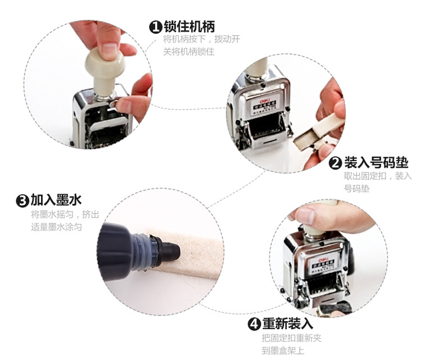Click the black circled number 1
155,27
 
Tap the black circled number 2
335,163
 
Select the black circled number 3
22,200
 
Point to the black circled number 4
254,324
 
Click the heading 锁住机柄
189,26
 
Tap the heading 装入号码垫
376,162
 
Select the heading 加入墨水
56,200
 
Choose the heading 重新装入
287,323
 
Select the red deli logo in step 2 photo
264,101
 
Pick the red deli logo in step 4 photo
323,260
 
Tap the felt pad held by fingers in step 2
320,131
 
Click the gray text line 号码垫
356,189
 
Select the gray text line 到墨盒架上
283,350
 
